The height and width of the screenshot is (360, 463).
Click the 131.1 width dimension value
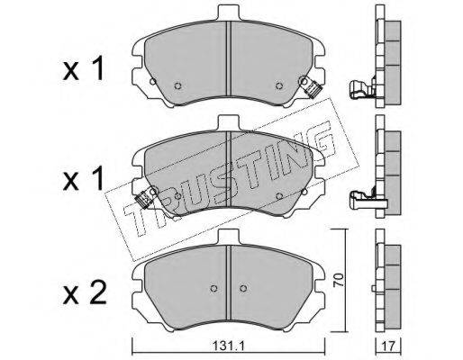(229, 346)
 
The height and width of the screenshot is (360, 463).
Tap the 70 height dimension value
(339, 280)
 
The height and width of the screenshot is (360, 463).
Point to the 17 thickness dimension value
(388, 346)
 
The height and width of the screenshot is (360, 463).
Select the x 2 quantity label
(85, 294)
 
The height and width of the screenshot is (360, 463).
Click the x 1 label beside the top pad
(84, 69)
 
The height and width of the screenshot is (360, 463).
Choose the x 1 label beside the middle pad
(84, 179)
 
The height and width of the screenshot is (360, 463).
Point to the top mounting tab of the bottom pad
(229, 237)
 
